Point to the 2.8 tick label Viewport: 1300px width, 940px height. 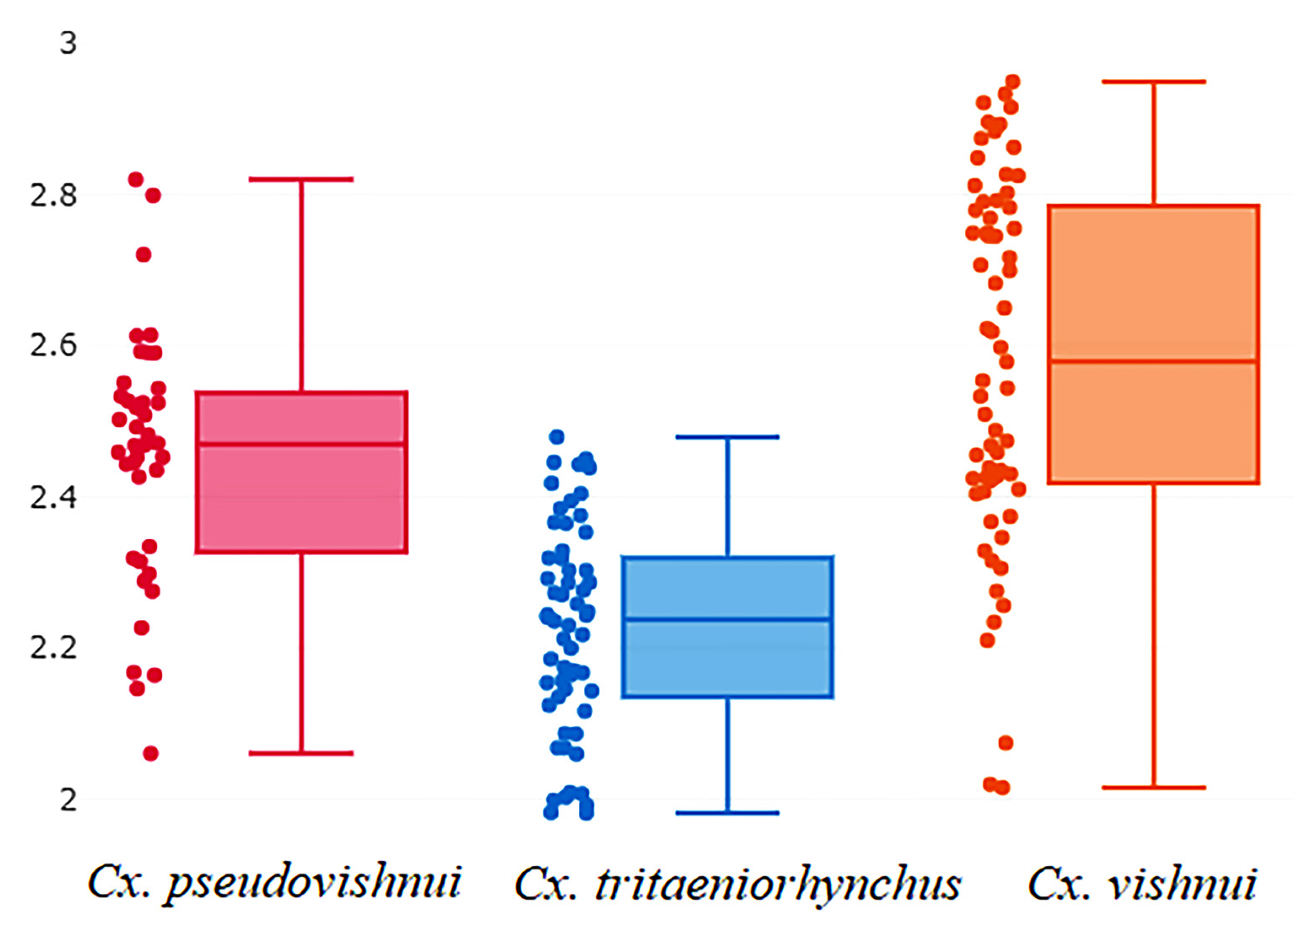(53, 195)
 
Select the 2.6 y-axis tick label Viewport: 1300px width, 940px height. (53, 345)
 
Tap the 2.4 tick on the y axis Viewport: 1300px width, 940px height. (53, 497)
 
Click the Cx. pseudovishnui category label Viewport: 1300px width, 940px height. (274, 883)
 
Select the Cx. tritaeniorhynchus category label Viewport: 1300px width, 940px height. (738, 883)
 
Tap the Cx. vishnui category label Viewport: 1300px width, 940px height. (1142, 883)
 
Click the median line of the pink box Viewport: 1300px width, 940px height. (301, 444)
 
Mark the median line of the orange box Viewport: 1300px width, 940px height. (1153, 361)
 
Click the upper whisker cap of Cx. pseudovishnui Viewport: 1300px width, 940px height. (301, 179)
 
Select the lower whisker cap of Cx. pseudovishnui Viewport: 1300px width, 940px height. (301, 753)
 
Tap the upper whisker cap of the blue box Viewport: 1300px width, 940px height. (728, 437)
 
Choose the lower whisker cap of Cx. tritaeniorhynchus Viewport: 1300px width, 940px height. (728, 813)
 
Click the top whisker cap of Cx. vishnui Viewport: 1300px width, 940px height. (1153, 81)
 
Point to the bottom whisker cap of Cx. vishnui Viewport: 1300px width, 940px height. (1153, 787)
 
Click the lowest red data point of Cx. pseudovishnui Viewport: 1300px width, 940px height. (151, 753)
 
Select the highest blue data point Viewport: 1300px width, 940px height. (556, 437)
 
